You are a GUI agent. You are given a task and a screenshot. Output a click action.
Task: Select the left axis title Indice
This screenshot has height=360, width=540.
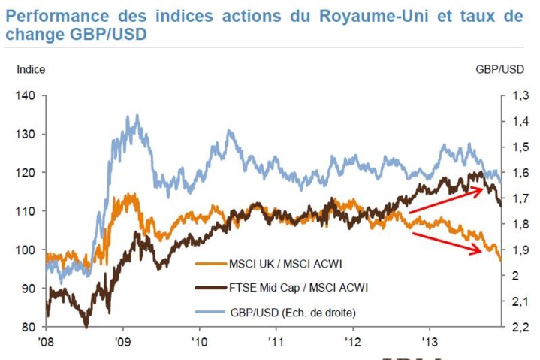click(x=31, y=69)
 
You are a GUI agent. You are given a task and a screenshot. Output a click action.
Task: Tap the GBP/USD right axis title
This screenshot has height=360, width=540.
click(x=499, y=69)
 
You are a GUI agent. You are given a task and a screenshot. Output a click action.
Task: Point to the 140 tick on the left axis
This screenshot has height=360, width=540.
click(x=28, y=95)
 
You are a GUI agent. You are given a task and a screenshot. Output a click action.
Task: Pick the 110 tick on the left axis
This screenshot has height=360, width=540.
click(x=28, y=211)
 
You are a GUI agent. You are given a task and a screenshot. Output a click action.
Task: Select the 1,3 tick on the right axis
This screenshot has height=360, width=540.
click(x=516, y=95)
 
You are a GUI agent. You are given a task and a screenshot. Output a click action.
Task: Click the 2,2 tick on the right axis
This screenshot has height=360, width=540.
click(x=516, y=327)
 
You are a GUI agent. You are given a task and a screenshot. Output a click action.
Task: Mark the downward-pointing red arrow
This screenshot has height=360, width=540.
click(x=447, y=241)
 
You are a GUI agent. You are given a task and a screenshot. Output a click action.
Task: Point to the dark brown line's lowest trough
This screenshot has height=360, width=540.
click(x=86, y=325)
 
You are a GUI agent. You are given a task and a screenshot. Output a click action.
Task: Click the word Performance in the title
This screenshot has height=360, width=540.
click(x=56, y=16)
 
